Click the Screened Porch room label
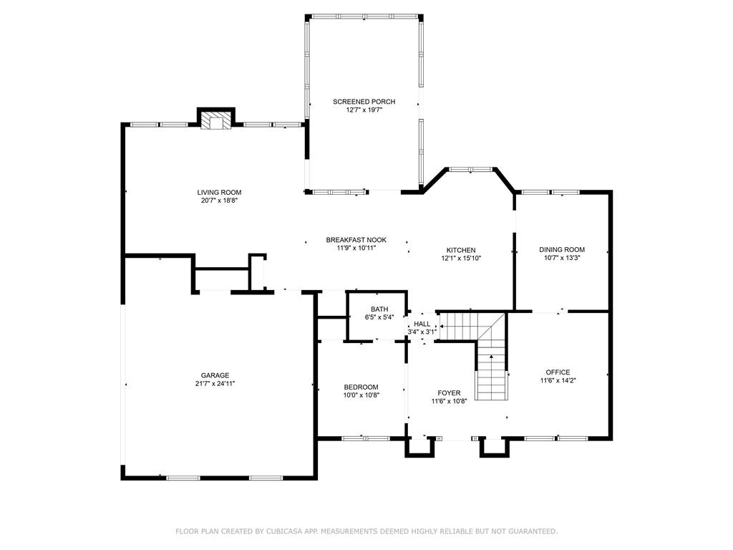[364, 102]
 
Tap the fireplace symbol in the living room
[215, 121]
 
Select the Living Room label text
[219, 192]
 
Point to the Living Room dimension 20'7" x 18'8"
[219, 201]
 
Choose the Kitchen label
[461, 250]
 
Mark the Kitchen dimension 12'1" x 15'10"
[461, 259]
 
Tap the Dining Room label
[562, 250]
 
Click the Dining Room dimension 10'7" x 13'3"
[562, 259]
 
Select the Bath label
[378, 309]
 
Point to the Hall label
[422, 324]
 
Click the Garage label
[215, 375]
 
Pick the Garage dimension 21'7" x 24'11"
[215, 384]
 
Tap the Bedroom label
[361, 387]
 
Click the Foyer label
[449, 393]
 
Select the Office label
[558, 372]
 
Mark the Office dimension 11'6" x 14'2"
[558, 381]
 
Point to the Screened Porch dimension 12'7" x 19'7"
[364, 110]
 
